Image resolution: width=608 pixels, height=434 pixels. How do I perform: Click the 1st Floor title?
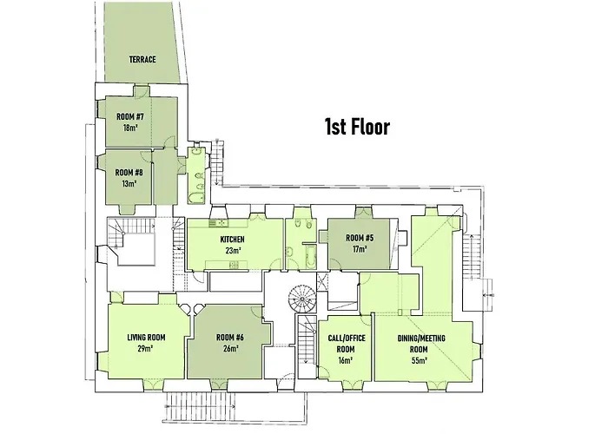pyautogui.click(x=356, y=127)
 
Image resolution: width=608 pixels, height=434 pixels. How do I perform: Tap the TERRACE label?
pyautogui.click(x=142, y=60)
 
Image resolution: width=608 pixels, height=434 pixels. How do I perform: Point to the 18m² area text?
pyautogui.click(x=131, y=128)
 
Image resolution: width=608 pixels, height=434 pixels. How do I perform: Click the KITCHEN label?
pyautogui.click(x=232, y=239)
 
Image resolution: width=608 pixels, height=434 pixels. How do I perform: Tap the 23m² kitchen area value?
pyautogui.click(x=232, y=251)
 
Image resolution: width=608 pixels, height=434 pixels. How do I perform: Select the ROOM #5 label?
pyautogui.click(x=359, y=238)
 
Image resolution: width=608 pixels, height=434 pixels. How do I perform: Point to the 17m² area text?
pyautogui.click(x=359, y=249)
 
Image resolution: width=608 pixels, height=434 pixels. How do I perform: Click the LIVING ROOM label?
pyautogui.click(x=146, y=338)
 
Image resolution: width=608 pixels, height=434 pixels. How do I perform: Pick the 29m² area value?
pyautogui.click(x=146, y=349)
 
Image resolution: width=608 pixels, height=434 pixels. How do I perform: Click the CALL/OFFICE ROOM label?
pyautogui.click(x=346, y=343)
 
